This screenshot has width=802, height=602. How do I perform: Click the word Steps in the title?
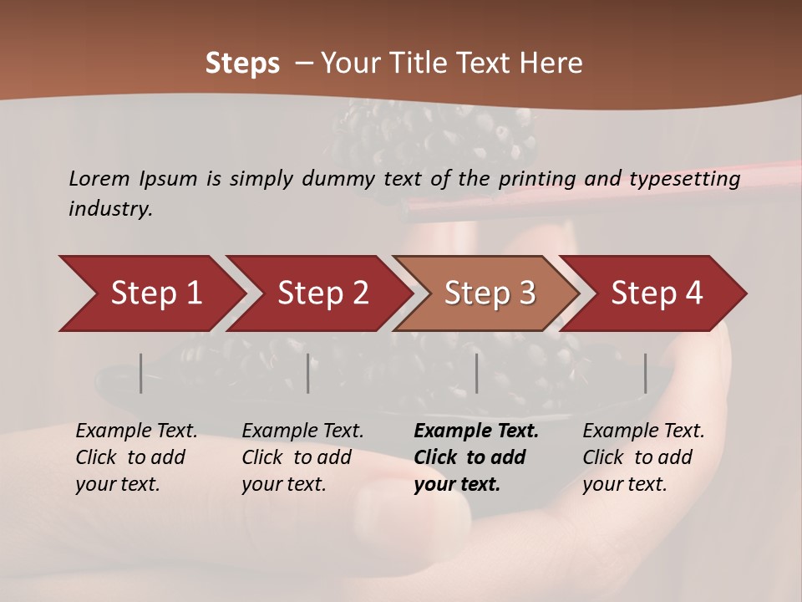click(x=242, y=64)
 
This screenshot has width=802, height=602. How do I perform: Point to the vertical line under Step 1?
click(x=141, y=373)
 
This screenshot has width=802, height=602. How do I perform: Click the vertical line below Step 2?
click(x=308, y=373)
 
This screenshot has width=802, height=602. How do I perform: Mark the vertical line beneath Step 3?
click(x=477, y=373)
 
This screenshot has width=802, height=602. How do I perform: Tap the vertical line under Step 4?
click(x=646, y=373)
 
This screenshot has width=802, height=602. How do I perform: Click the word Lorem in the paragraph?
click(x=99, y=178)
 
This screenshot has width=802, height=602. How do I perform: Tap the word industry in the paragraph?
click(x=110, y=209)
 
